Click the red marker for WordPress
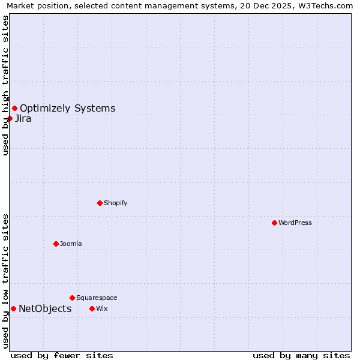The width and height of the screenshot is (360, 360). pos(274,223)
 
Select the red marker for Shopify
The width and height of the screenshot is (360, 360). pos(100,203)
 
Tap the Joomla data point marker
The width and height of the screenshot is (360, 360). pos(56,244)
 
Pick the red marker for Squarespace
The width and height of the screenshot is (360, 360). pos(72,298)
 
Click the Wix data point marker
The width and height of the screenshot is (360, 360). pos(92,308)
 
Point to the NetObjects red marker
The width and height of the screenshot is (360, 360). pos(13,308)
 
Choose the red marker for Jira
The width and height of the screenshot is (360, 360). pos(10,118)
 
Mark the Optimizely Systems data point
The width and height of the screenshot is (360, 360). pos(14,108)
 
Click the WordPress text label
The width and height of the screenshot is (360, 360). pos(295,223)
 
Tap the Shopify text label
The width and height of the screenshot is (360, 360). pos(115,203)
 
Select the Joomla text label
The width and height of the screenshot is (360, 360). pos(71,244)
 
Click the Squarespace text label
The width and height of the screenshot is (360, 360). pos(97,298)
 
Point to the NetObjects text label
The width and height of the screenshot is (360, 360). pos(45,308)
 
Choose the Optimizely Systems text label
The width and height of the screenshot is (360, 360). pos(67,108)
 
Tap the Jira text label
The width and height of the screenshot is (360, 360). pos(23,118)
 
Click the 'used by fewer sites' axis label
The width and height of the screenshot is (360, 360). pos(62,355)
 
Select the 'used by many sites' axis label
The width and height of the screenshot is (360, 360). pos(301,355)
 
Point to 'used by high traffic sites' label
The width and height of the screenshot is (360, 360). pos(5,85)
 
